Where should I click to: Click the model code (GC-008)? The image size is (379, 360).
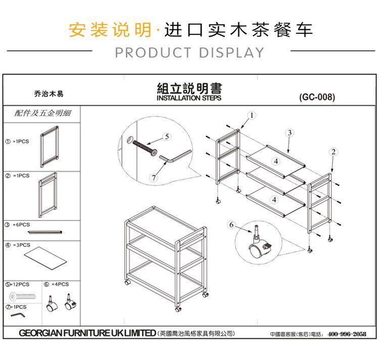point(317,97)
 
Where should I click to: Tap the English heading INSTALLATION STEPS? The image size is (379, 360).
point(189,98)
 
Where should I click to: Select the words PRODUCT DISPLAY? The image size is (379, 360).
point(189,53)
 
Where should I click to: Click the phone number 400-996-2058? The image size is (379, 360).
point(347,334)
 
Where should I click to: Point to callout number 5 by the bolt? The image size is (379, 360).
point(167,137)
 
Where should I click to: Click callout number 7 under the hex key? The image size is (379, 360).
point(154,178)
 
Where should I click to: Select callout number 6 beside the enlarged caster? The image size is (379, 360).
point(231,225)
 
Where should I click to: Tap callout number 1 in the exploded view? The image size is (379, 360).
point(252,115)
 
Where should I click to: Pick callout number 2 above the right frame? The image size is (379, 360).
point(334,152)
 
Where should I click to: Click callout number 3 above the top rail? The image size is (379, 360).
point(290,133)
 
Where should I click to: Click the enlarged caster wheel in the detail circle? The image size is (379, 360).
point(259,244)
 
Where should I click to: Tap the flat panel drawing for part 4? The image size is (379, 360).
point(45,258)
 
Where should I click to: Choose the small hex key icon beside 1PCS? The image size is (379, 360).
point(18,315)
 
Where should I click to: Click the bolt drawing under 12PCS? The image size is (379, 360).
point(23,296)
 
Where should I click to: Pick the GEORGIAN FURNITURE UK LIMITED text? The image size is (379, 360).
point(87,333)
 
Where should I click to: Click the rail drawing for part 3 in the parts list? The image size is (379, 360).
point(45,233)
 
